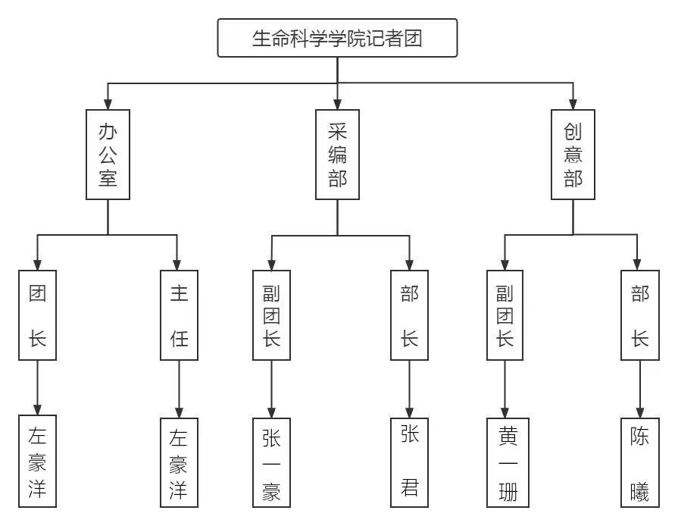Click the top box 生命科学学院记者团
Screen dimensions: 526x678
[337, 38]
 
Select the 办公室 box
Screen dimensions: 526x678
[108, 155]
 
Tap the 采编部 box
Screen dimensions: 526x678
[337, 155]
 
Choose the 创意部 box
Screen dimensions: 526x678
[573, 155]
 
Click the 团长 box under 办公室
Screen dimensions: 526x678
[38, 315]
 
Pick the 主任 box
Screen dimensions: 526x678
[180, 315]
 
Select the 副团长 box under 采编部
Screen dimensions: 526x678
[272, 315]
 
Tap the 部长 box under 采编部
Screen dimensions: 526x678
[410, 315]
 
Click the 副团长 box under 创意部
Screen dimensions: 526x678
[505, 315]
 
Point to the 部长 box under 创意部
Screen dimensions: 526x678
[640, 315]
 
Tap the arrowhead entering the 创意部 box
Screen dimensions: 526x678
[573, 104]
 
